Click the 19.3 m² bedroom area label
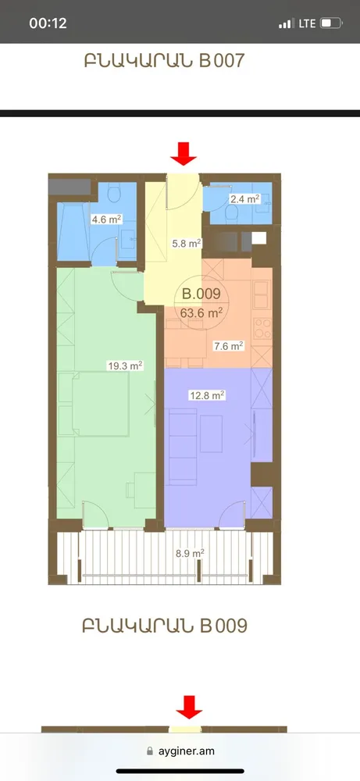(125, 365)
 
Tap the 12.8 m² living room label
(207, 395)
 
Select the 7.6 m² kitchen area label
(228, 345)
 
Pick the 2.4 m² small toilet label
(243, 199)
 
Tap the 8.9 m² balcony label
(189, 553)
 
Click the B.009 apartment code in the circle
(201, 294)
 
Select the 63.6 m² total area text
(202, 312)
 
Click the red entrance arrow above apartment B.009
(184, 153)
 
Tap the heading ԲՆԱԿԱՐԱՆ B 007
(164, 62)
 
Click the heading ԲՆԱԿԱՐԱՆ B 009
(164, 626)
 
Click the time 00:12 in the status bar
(48, 23)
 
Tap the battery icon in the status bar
(330, 23)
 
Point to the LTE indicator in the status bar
(307, 23)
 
